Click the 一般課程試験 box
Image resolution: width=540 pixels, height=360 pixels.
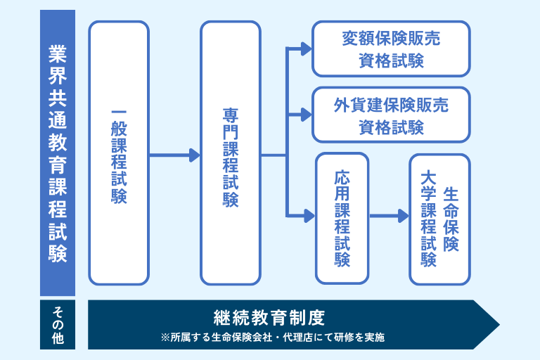coord(118,153)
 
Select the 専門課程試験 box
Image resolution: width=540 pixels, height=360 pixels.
coord(230,153)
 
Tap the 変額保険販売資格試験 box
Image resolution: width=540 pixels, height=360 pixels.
coord(390,49)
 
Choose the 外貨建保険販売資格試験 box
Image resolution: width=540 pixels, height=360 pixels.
coord(390,115)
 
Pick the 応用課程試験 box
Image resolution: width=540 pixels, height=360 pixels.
coord(342,218)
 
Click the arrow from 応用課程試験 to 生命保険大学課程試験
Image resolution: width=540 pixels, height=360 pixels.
coord(389,216)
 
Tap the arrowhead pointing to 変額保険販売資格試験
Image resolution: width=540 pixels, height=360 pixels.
coord(306,49)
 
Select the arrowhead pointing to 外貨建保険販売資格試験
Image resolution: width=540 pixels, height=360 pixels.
coord(306,115)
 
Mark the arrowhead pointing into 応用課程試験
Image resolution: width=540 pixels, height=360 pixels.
coord(308,215)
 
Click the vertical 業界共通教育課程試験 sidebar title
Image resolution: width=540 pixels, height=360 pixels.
coord(57,153)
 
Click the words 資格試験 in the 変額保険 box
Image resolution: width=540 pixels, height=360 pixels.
coord(390,60)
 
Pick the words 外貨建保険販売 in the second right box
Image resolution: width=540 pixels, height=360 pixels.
coord(390,105)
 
